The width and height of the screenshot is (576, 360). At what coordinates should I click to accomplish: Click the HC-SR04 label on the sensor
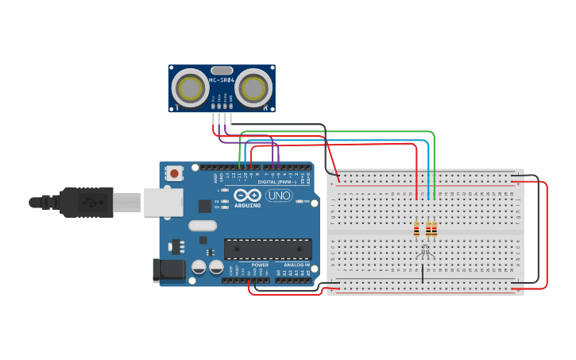tap(222, 80)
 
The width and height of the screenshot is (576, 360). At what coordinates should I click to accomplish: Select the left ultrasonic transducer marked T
tap(191, 88)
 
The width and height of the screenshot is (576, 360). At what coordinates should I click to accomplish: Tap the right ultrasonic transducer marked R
tap(253, 88)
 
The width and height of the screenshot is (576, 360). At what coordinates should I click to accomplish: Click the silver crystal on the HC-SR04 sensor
tap(222, 71)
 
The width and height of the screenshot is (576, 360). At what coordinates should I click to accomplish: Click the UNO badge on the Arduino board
tap(279, 195)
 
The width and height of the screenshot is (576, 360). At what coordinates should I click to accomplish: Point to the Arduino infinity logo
tap(248, 195)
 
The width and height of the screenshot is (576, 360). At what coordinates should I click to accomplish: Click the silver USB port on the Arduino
tap(163, 202)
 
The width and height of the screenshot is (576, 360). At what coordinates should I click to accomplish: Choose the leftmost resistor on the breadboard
tap(416, 229)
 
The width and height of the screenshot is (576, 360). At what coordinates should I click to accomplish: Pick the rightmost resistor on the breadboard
tap(434, 229)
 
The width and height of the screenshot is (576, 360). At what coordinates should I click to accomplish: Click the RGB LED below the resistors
tap(425, 250)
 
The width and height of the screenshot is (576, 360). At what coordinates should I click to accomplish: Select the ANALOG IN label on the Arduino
tap(296, 265)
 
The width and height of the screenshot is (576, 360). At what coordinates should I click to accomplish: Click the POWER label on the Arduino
tap(260, 265)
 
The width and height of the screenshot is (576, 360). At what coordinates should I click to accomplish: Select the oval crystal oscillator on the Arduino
tap(203, 226)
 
